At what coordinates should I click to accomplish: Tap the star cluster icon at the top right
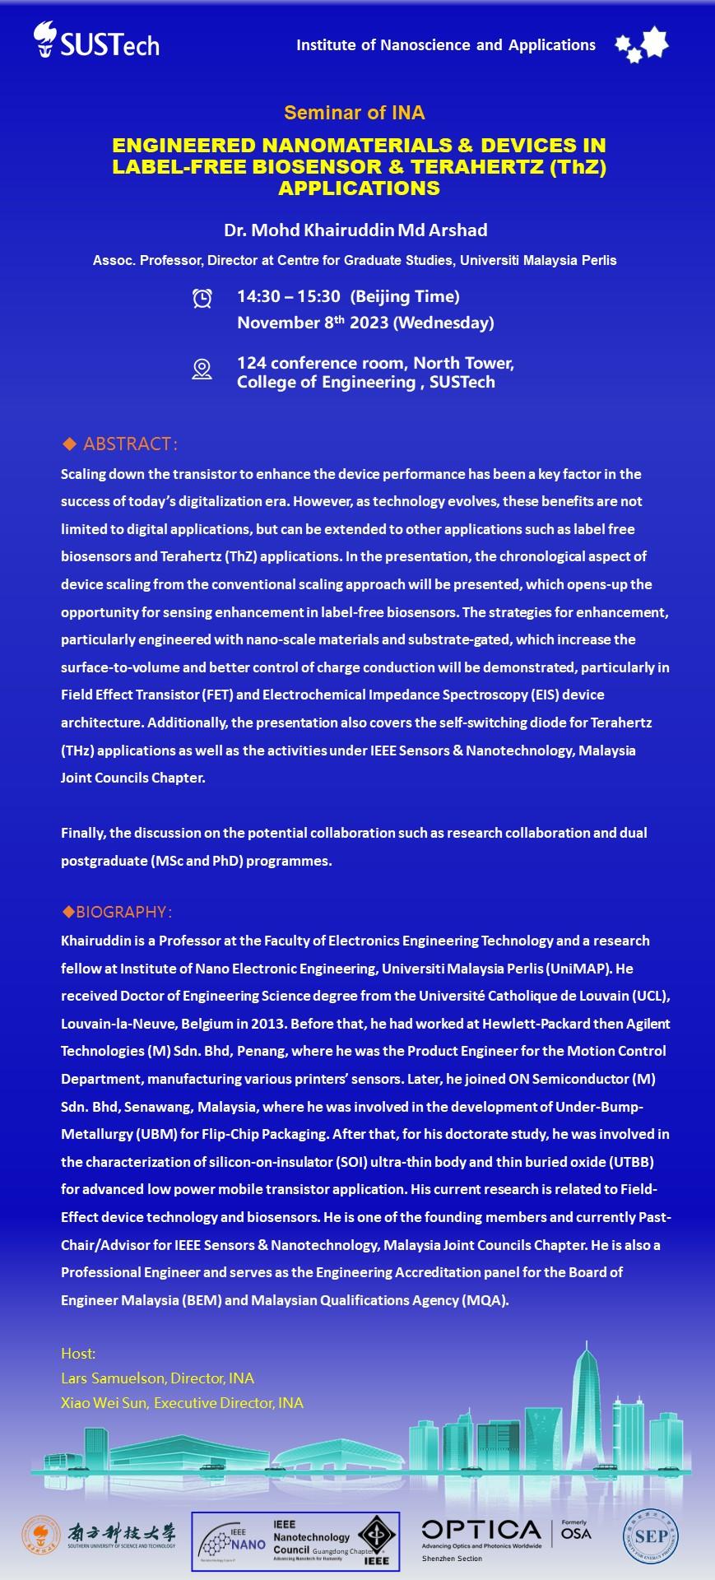click(x=642, y=44)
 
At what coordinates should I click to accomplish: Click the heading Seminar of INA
click(x=355, y=113)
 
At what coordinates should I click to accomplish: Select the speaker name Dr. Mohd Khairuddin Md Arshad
click(x=355, y=230)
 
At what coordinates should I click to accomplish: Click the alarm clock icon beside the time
click(x=202, y=298)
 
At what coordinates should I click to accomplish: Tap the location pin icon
click(x=202, y=369)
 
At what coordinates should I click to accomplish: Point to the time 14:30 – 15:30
click(x=288, y=296)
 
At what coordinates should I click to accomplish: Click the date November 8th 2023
click(x=313, y=323)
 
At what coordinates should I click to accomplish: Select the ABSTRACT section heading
click(x=130, y=444)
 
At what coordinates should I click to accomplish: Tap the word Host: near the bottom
click(x=78, y=1353)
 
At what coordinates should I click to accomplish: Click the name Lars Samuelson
click(x=112, y=1378)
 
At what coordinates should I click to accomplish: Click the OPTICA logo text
click(x=481, y=1530)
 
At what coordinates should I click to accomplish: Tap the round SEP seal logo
click(x=651, y=1536)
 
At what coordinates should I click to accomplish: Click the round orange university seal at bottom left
click(x=40, y=1536)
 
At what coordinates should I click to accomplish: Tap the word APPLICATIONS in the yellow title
click(x=359, y=188)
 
